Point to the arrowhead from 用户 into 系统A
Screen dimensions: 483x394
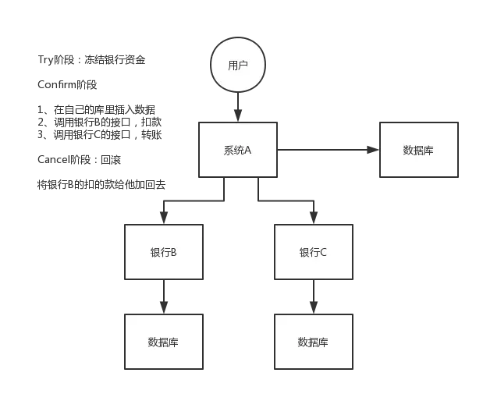pyautogui.click(x=238, y=115)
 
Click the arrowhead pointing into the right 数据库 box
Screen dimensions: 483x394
pyautogui.click(x=373, y=150)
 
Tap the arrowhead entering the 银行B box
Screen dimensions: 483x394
pyautogui.click(x=164, y=218)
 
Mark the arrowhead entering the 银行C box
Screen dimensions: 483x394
pyautogui.click(x=314, y=218)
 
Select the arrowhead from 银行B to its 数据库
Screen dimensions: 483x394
pyautogui.click(x=164, y=307)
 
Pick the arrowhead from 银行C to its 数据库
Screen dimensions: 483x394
pyautogui.click(x=314, y=307)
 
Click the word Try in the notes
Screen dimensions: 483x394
pyautogui.click(x=45, y=60)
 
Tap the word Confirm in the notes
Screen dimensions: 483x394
pyautogui.click(x=57, y=84)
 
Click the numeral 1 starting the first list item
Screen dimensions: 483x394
pyautogui.click(x=40, y=110)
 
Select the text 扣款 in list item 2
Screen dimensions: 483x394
pyautogui.click(x=151, y=122)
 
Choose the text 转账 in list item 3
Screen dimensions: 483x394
pyautogui.click(x=151, y=135)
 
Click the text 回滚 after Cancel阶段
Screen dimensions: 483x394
pyautogui.click(x=111, y=160)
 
